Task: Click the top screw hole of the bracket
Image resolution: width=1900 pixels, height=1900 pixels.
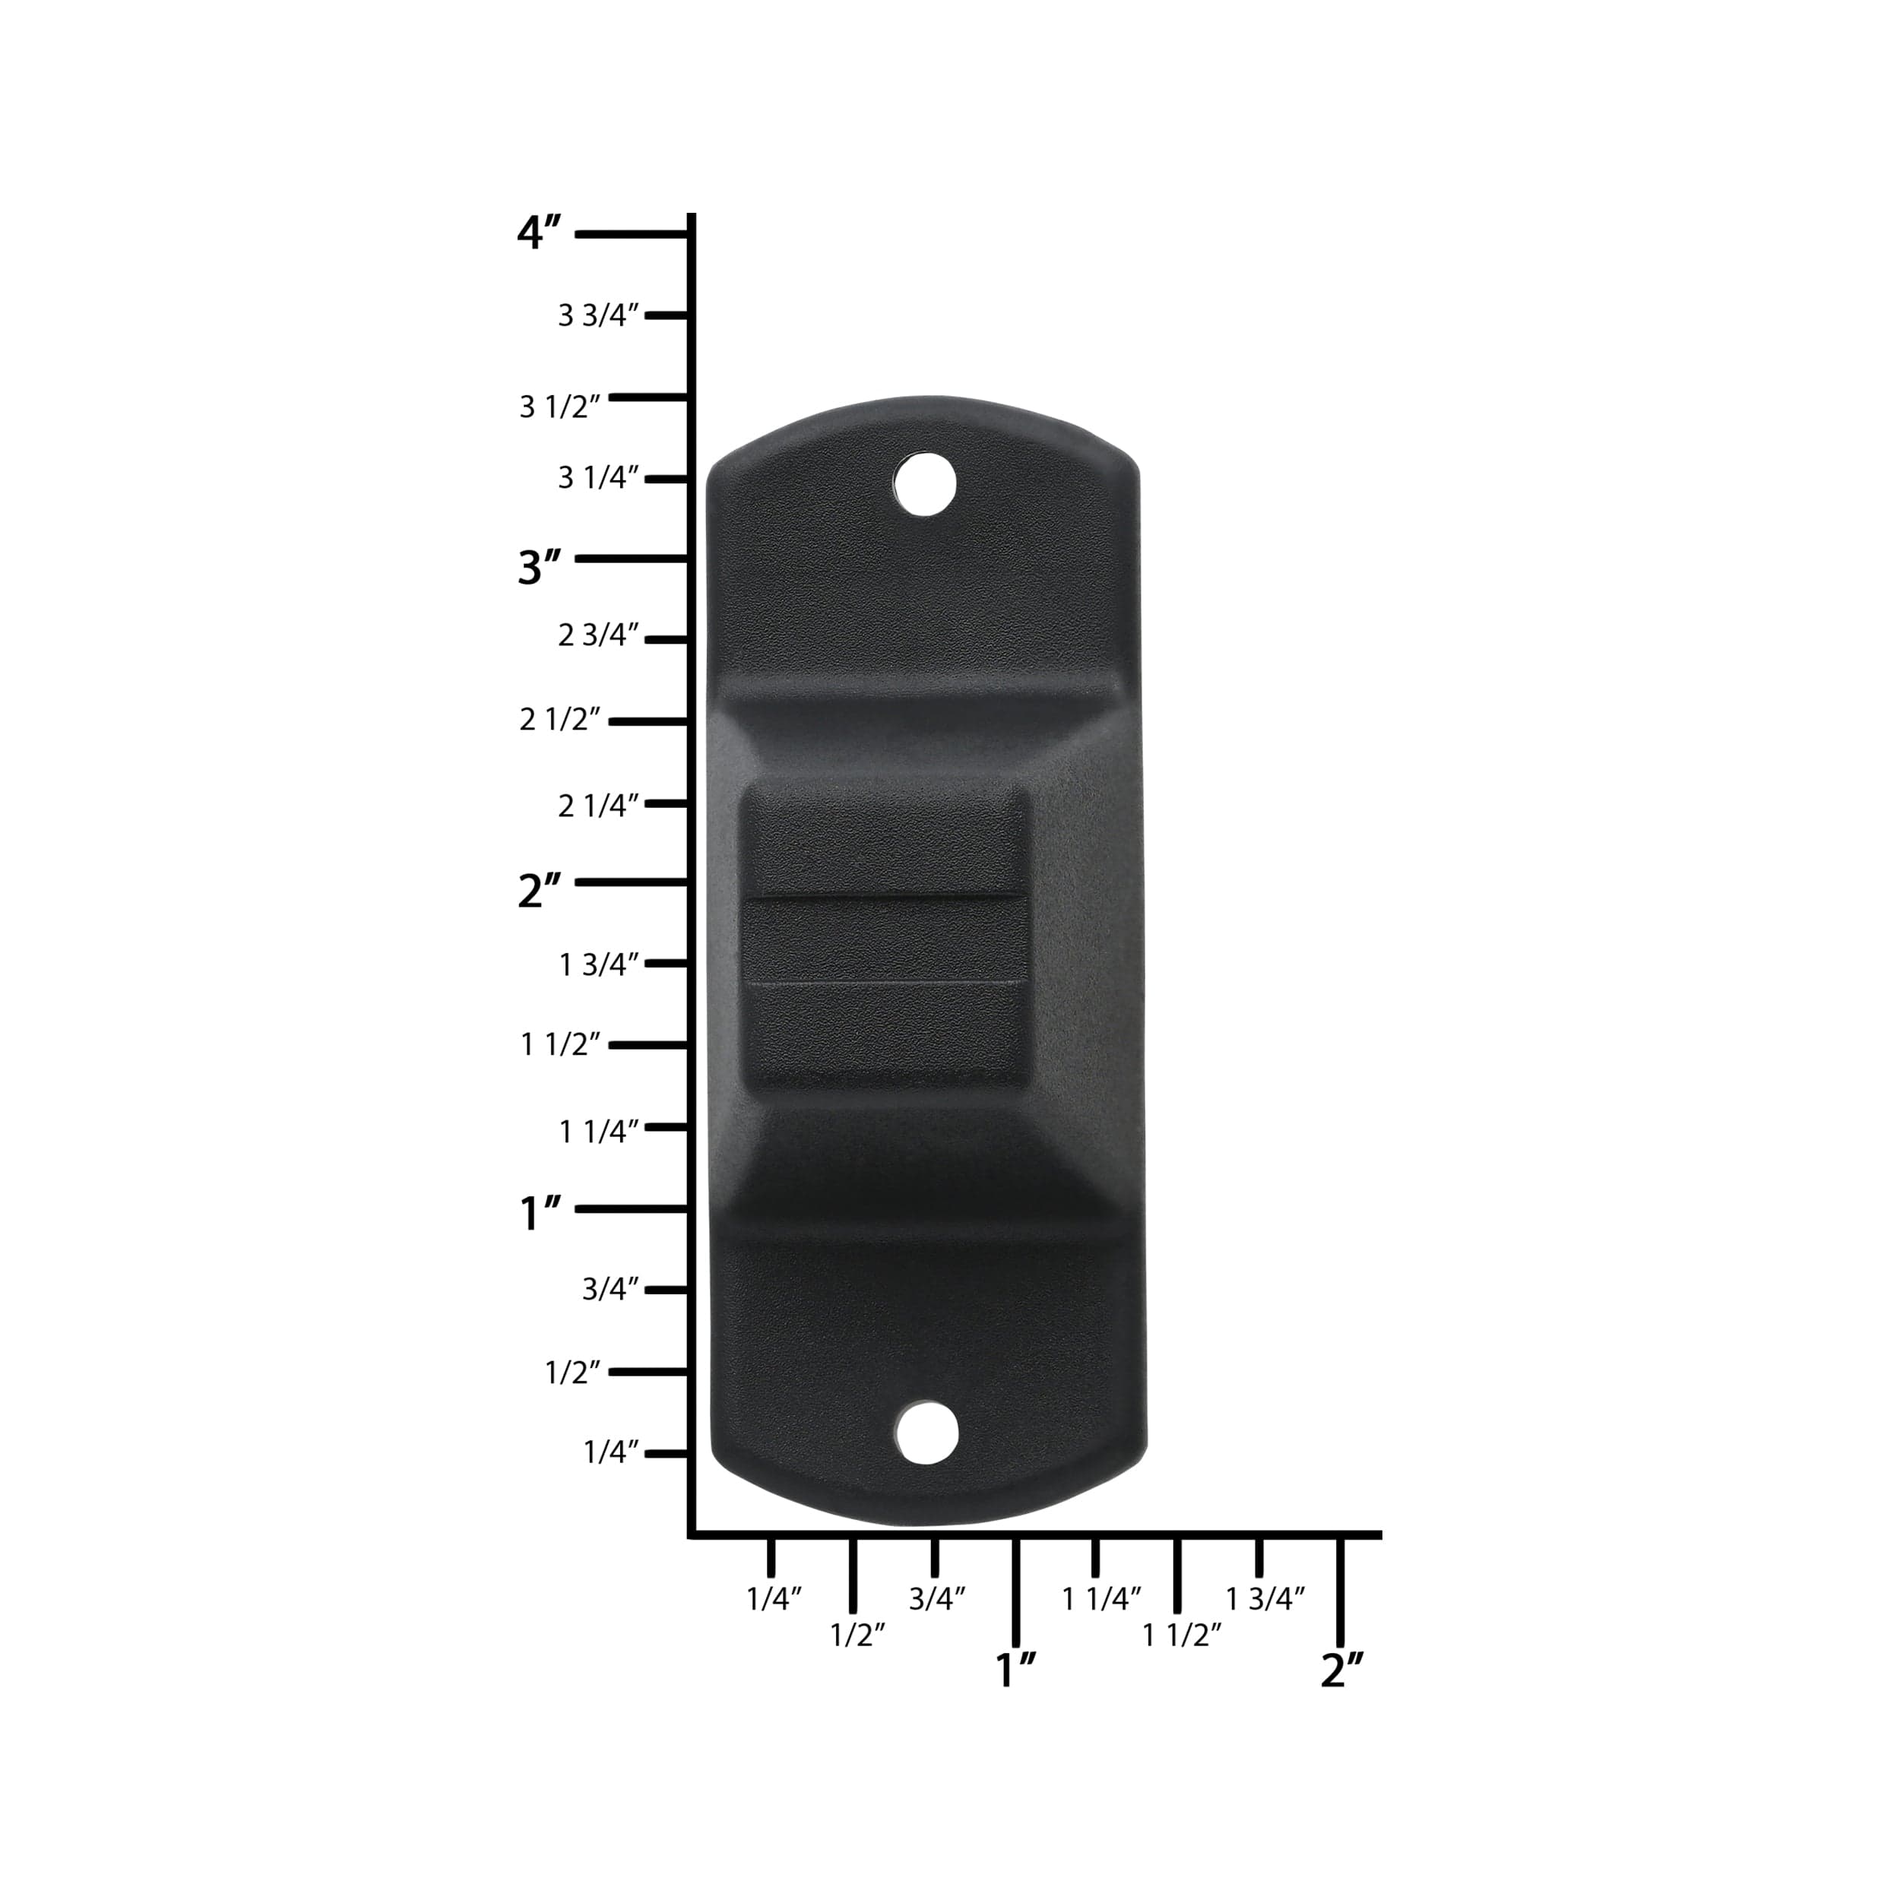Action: point(926,482)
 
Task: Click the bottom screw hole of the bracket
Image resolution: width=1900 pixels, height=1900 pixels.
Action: point(926,1432)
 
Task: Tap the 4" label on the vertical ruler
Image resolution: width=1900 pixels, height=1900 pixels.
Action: point(540,233)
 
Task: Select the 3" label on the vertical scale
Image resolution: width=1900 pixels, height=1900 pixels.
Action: point(540,568)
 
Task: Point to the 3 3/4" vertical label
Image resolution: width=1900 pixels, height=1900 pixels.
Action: point(599,315)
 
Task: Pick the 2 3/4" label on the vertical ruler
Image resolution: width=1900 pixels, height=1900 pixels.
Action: point(599,635)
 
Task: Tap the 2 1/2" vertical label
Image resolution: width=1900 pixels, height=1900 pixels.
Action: point(559,720)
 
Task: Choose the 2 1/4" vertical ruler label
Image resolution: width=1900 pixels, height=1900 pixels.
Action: point(599,806)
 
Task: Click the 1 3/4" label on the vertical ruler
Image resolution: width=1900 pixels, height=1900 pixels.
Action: point(599,964)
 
